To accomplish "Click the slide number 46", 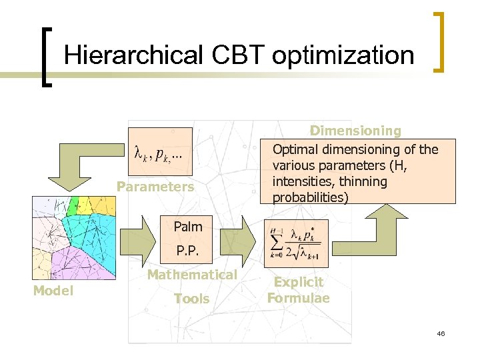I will click(x=441, y=333).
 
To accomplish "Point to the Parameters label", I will click(x=155, y=187).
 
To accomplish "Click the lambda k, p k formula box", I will click(x=159, y=154).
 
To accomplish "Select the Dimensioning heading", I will click(x=355, y=131).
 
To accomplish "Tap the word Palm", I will click(x=187, y=227).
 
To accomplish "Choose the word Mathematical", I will click(x=192, y=275).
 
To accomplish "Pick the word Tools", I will click(x=191, y=299).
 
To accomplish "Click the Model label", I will click(x=53, y=291).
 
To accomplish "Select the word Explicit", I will click(x=299, y=283).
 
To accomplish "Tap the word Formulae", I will click(x=299, y=298).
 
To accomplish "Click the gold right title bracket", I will click(x=438, y=41).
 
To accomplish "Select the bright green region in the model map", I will click(x=72, y=205).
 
